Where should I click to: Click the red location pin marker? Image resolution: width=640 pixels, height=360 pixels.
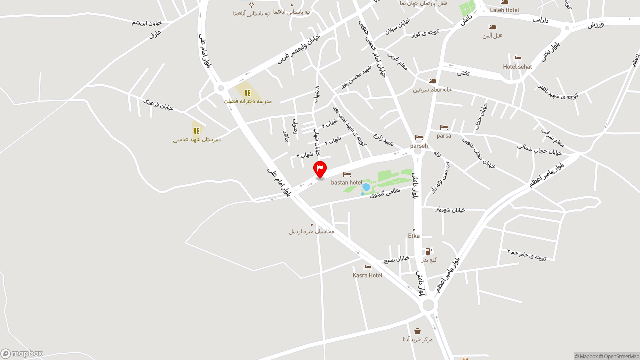[x=320, y=169]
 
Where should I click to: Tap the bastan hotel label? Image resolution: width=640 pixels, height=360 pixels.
[x=346, y=183]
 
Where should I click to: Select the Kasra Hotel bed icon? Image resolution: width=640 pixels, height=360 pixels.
[x=367, y=268]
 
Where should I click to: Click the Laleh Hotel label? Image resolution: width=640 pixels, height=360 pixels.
[x=504, y=10]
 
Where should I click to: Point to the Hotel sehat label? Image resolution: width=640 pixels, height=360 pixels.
[x=517, y=67]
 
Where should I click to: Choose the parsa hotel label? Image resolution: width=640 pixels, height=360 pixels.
[x=444, y=136]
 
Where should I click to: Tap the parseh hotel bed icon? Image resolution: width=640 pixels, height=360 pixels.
[x=419, y=138]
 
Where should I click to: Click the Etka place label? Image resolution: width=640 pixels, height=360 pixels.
[x=414, y=236]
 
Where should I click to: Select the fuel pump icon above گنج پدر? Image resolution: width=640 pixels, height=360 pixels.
[x=428, y=251]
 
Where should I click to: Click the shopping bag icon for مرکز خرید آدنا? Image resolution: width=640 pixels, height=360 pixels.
[x=417, y=331]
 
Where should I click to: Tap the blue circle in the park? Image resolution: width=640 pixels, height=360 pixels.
[x=366, y=187]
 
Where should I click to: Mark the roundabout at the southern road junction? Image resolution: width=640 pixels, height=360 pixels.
[x=428, y=305]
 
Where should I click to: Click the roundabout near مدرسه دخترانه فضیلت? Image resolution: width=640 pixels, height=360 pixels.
[x=220, y=88]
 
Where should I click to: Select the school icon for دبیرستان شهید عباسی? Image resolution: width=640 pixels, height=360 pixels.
[x=197, y=131]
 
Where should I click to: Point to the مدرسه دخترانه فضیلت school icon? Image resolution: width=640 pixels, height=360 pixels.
[x=248, y=92]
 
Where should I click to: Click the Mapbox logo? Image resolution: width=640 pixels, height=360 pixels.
[x=22, y=354]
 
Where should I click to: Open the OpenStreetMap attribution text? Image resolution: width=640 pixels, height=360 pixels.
[x=621, y=356]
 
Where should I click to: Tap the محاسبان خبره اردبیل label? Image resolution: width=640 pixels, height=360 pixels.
[x=311, y=231]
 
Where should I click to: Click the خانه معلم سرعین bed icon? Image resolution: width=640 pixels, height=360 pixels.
[x=432, y=81]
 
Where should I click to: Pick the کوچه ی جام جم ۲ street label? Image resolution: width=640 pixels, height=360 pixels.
[x=527, y=254]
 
